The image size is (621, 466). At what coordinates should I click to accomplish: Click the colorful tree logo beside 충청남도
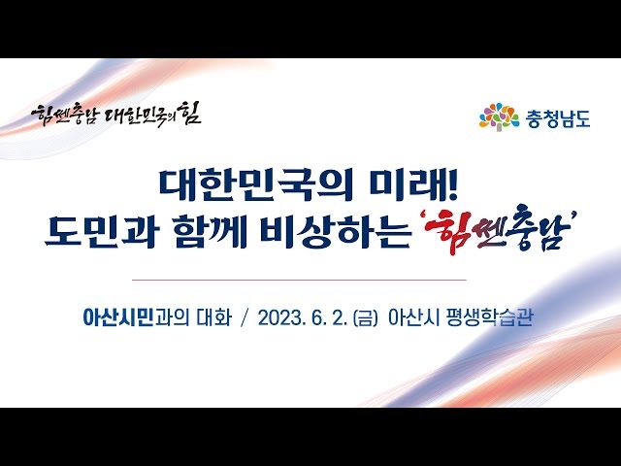[x=499, y=116]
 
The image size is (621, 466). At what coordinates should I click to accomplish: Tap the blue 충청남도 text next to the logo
[x=558, y=117]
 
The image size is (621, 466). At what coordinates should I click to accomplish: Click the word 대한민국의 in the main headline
[x=256, y=185]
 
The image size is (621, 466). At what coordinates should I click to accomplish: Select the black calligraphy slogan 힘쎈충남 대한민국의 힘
[x=116, y=115]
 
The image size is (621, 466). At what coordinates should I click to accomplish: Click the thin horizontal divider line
[x=299, y=280]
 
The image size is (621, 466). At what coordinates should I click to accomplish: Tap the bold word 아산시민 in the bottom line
[x=118, y=317]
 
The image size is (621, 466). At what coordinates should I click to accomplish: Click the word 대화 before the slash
[x=214, y=317]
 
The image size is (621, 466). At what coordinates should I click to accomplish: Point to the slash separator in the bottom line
[x=245, y=317]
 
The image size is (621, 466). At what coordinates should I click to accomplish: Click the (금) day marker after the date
[x=366, y=318]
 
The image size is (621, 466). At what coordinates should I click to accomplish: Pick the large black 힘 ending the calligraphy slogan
[x=190, y=113]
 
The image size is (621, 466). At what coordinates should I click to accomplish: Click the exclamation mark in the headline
[x=454, y=185]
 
